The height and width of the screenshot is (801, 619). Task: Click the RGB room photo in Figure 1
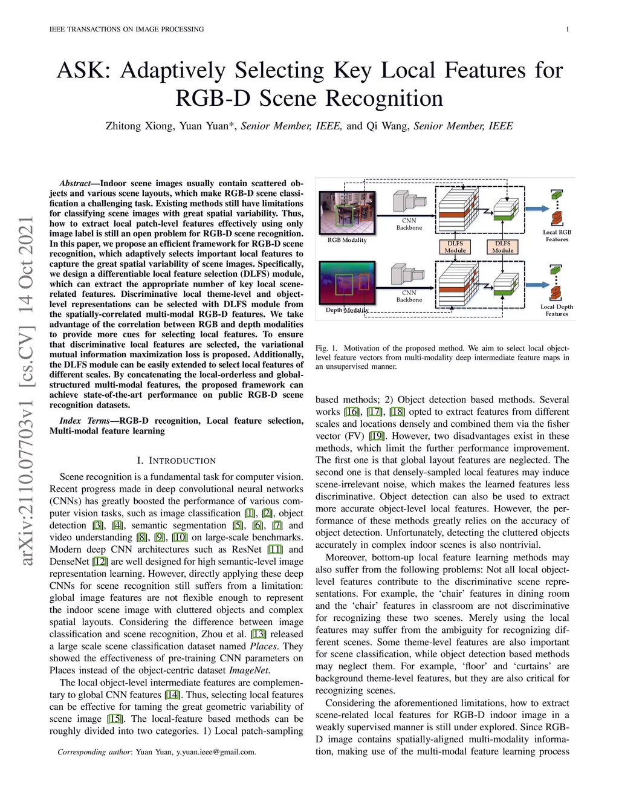[347, 212]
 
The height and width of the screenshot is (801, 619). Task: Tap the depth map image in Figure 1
[347, 282]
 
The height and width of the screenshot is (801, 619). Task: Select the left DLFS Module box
[455, 247]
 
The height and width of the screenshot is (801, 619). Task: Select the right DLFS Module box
[502, 247]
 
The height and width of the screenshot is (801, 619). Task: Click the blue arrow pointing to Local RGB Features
[537, 209]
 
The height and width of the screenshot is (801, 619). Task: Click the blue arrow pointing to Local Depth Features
[537, 282]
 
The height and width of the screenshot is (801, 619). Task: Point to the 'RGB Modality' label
[347, 240]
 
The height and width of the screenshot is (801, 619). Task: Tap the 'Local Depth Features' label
[556, 310]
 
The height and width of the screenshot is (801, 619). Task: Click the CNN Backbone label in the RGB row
[409, 224]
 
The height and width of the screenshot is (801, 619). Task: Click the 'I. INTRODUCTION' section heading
[176, 461]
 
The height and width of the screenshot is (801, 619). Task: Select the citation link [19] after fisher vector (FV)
[377, 436]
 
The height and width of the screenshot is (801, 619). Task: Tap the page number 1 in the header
[568, 29]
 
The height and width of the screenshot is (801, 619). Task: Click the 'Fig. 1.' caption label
[326, 348]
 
